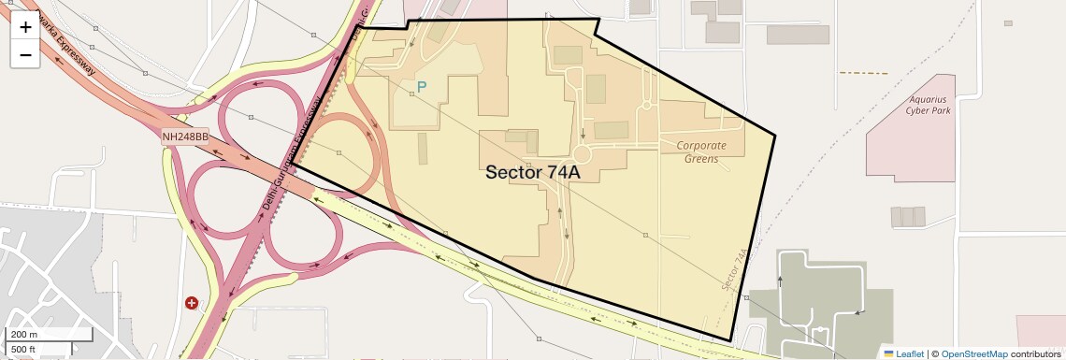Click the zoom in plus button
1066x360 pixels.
[x=25, y=27]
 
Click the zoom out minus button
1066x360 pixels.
[x=25, y=54]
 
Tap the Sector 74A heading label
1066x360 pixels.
[x=533, y=172]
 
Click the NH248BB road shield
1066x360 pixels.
[x=184, y=137]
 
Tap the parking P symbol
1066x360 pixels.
[x=422, y=88]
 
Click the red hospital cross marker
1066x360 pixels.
[x=192, y=303]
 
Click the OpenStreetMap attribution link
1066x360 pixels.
[x=973, y=353]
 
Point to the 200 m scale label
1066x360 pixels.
[x=22, y=335]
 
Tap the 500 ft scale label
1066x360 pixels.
[x=22, y=350]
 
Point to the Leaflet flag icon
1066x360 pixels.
[x=888, y=353]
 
